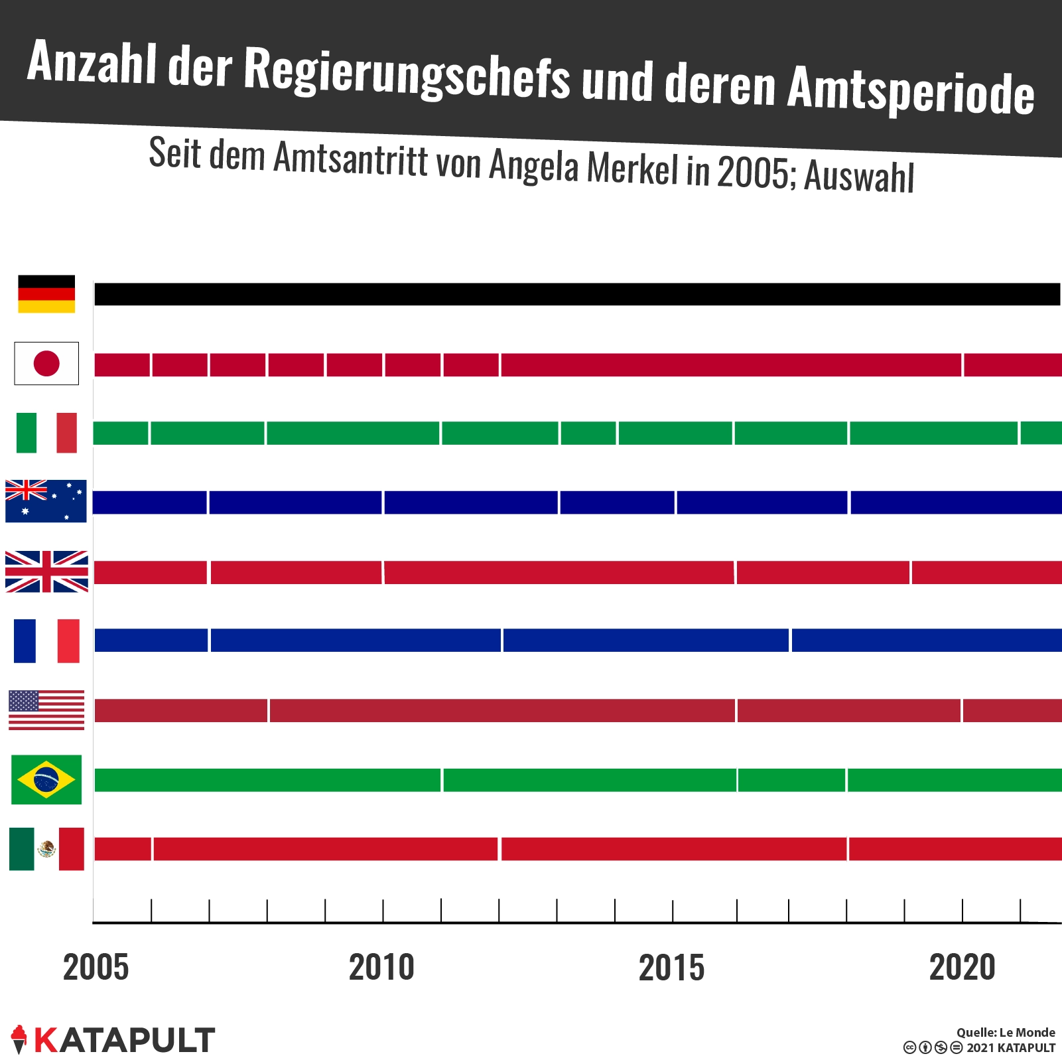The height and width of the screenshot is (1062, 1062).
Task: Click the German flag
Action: point(46,294)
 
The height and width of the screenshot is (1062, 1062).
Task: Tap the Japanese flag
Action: point(46,364)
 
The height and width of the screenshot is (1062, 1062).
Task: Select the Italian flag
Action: point(46,433)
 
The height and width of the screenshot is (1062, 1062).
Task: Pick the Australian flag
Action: point(46,501)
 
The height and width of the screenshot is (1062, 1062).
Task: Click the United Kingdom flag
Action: point(46,571)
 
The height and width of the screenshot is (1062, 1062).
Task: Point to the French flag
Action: point(46,641)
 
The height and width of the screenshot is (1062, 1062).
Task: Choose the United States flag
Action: point(46,710)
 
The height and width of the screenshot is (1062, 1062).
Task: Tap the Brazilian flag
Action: point(46,780)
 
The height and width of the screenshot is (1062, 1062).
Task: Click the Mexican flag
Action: point(46,849)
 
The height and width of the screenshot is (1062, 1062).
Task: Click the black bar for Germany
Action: point(577,294)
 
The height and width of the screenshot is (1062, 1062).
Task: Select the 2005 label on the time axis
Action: point(96,967)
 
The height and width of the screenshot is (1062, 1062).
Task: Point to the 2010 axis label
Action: point(381,967)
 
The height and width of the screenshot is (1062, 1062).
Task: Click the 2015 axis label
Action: point(671,967)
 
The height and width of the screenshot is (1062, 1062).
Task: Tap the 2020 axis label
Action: point(962,967)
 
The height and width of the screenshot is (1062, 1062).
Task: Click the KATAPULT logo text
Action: point(124,1040)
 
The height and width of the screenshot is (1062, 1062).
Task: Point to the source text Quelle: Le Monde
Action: point(1006,1032)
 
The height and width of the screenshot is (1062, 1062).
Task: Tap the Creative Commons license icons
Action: point(933,1048)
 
